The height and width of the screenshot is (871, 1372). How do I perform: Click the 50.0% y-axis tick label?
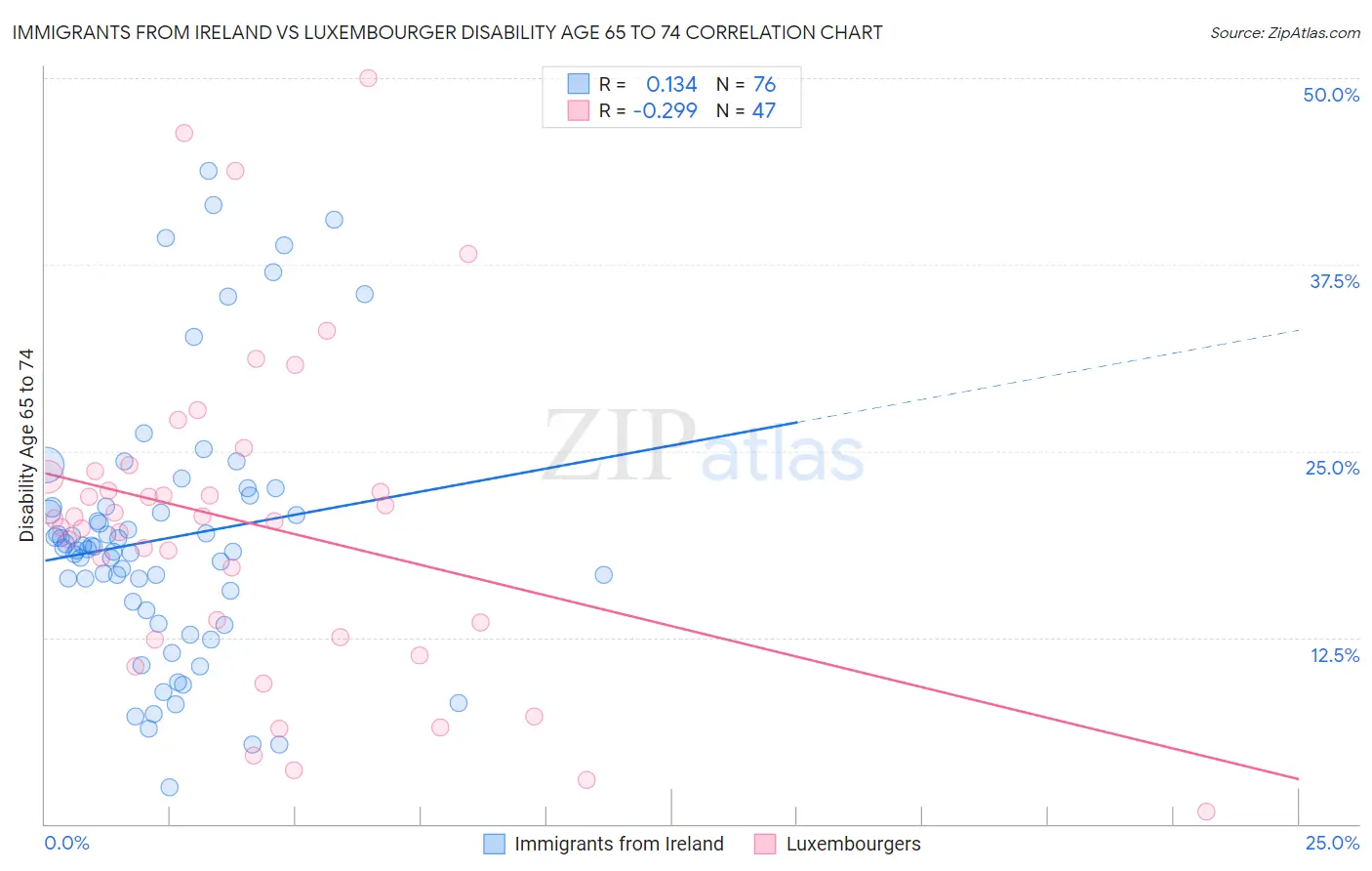click(x=1331, y=95)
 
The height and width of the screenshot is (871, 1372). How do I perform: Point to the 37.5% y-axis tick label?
click(x=1334, y=281)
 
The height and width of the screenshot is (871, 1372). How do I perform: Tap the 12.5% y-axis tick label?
click(x=1334, y=655)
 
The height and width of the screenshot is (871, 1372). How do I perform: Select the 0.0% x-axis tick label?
click(x=67, y=843)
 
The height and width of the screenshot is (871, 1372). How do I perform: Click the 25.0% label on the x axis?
click(x=1332, y=843)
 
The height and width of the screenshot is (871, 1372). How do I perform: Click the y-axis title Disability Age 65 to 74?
click(x=26, y=445)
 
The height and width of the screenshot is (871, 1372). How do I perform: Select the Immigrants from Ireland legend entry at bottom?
click(x=619, y=844)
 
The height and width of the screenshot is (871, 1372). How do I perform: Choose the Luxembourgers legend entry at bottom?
click(x=853, y=844)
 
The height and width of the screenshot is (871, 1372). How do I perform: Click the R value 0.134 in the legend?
click(x=671, y=85)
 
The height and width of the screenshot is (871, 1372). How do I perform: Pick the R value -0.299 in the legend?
click(x=665, y=110)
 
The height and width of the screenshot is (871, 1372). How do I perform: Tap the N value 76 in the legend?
click(x=764, y=85)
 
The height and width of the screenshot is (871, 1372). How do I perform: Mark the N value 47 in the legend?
click(x=763, y=110)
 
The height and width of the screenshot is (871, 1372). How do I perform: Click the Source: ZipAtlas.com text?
click(x=1284, y=32)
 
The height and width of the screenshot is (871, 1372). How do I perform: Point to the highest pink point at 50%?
click(x=368, y=78)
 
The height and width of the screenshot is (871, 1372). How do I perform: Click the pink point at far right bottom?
click(x=1206, y=811)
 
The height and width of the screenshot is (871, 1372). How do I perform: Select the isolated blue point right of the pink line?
click(x=603, y=574)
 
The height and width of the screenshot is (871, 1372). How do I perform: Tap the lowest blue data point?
click(x=169, y=787)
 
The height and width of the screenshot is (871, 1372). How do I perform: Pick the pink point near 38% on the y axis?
click(x=468, y=254)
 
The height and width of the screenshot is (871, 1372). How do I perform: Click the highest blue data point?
click(x=208, y=171)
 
